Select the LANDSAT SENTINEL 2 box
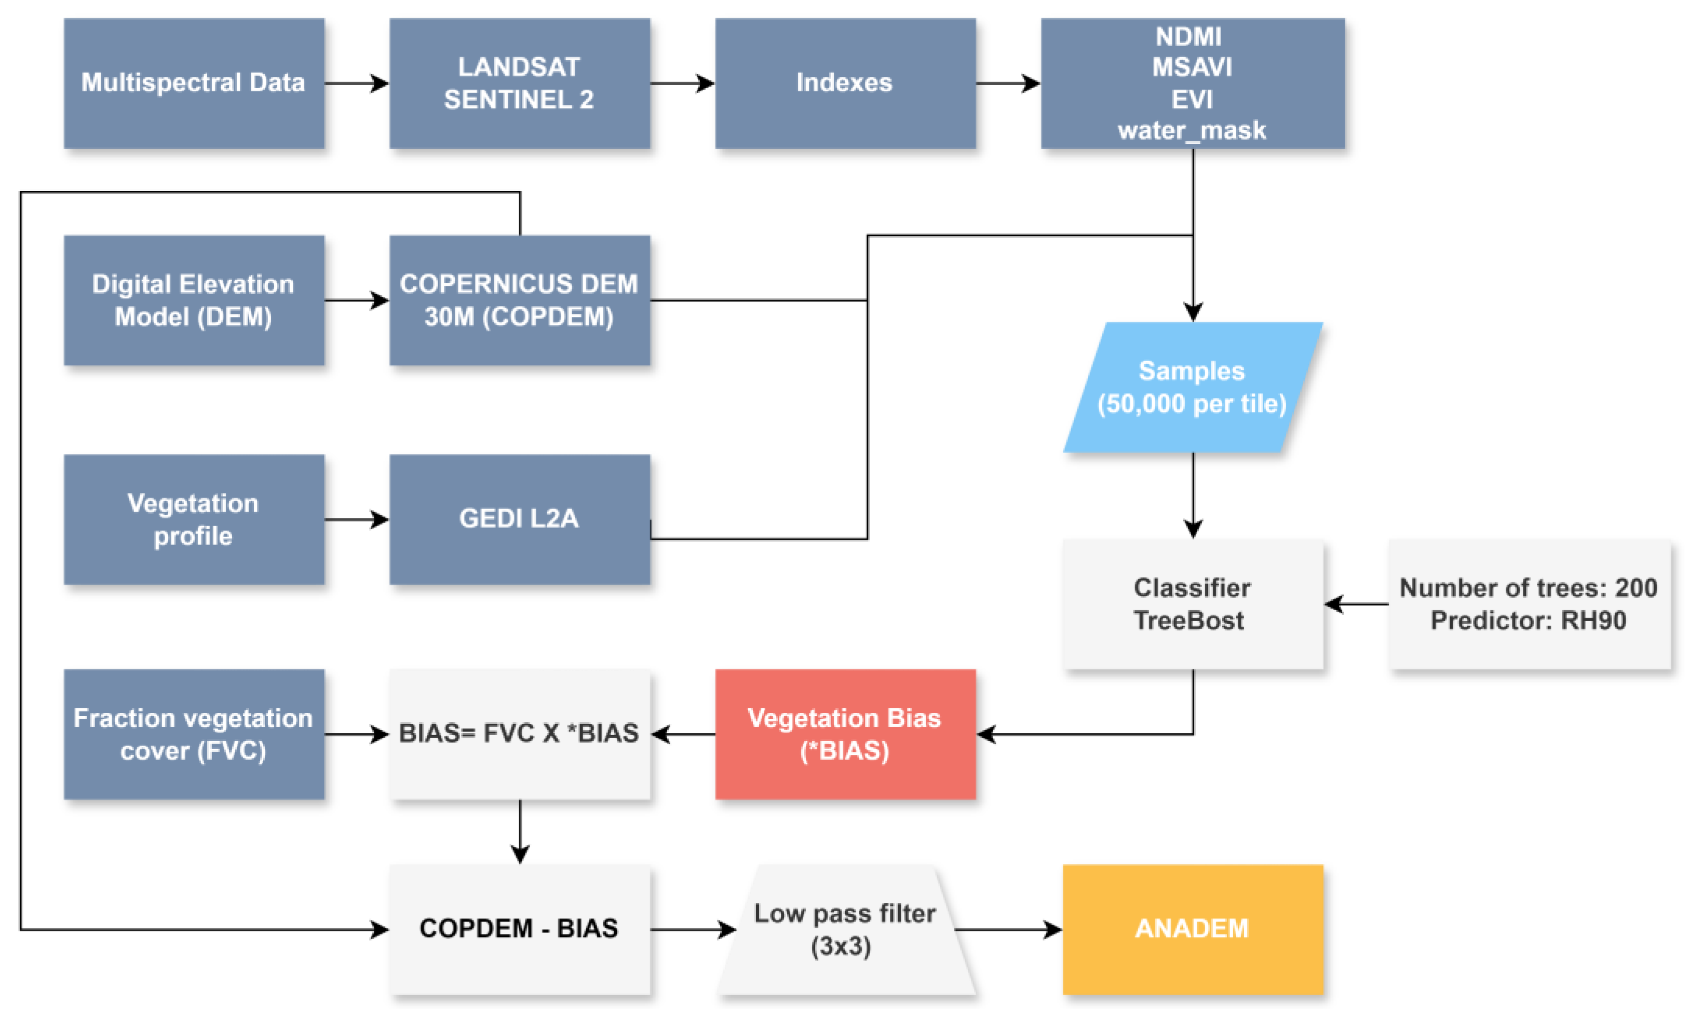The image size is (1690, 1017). (519, 83)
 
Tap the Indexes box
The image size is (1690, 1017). (845, 83)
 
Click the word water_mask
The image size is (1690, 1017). (1192, 130)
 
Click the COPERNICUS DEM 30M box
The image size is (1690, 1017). (519, 300)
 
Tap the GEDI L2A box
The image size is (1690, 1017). (519, 519)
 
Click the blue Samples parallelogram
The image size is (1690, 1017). (1192, 387)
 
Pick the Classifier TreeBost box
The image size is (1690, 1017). (1192, 604)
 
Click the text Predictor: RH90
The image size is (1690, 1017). (1528, 620)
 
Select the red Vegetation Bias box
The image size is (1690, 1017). (845, 734)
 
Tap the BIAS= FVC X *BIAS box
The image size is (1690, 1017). (519, 734)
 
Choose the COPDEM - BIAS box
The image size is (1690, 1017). (519, 929)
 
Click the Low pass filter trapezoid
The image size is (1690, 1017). (845, 929)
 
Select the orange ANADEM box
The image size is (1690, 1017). (1192, 929)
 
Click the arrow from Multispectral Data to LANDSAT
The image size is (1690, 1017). (357, 84)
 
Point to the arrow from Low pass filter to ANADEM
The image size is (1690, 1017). (1008, 929)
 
